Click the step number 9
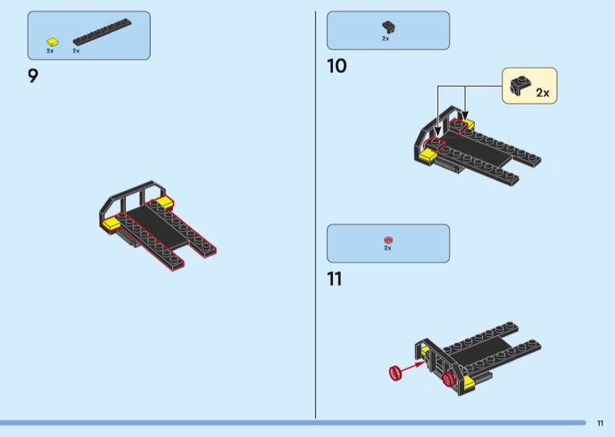[33, 75]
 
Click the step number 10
[337, 66]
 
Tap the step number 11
[334, 279]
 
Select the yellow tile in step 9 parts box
[52, 42]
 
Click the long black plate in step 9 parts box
[102, 32]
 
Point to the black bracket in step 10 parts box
[388, 27]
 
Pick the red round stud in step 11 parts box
[388, 240]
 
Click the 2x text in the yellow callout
[543, 92]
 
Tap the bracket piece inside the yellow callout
[520, 85]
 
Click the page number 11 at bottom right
[600, 423]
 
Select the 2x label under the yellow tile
[50, 51]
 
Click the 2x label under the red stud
[387, 249]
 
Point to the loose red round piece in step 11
[396, 372]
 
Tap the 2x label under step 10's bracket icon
[386, 38]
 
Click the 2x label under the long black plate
[76, 51]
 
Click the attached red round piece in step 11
[448, 379]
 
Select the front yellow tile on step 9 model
[111, 223]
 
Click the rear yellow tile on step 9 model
[165, 202]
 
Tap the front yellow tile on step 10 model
[428, 155]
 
